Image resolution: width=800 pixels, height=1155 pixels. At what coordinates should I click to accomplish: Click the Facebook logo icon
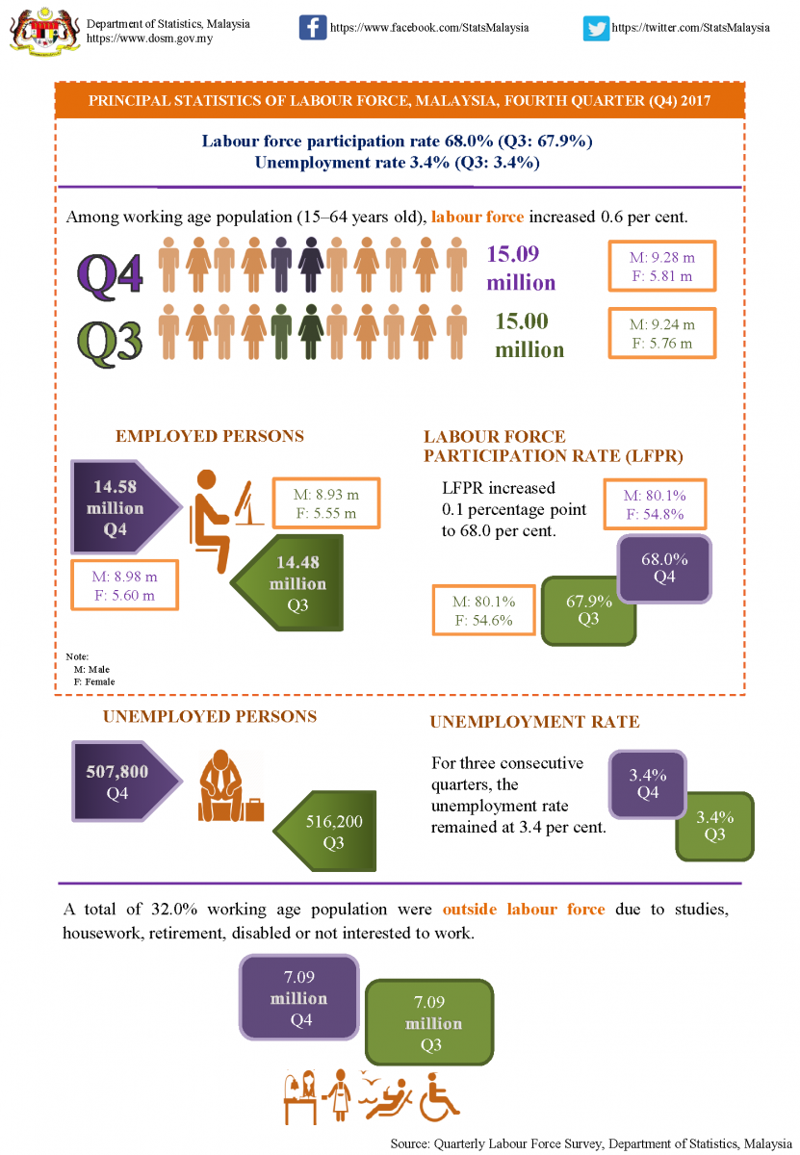coord(313,27)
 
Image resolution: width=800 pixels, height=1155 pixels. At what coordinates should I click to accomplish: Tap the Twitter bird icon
coord(596,28)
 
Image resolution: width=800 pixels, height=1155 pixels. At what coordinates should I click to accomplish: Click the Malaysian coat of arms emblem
coord(41,28)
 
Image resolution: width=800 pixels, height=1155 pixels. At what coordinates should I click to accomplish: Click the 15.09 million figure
coord(521,268)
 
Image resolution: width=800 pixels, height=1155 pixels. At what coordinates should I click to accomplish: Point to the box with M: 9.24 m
coord(661,333)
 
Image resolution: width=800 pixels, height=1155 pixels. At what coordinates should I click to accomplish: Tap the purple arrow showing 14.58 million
coord(120,506)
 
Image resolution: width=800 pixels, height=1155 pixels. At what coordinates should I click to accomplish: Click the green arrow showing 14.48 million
coord(292,582)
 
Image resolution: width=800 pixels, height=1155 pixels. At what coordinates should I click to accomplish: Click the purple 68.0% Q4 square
coord(663,567)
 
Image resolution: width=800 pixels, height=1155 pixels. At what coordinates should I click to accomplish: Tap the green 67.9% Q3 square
coord(588,609)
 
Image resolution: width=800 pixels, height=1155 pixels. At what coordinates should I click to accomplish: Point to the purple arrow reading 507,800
coord(120,782)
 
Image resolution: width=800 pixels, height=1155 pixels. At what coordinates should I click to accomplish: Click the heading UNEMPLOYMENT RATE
coord(534,722)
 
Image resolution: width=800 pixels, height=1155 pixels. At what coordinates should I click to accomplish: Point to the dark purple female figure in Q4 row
coord(311,266)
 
